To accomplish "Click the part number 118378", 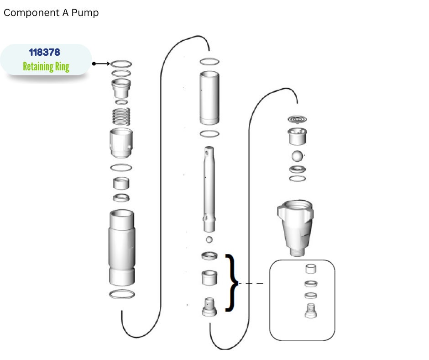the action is click(45, 52).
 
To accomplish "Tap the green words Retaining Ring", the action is click(46, 67).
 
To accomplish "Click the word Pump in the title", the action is click(85, 13).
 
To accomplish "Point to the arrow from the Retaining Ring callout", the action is click(101, 64).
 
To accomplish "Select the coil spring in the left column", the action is click(121, 116).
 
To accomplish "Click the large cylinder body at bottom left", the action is click(122, 248).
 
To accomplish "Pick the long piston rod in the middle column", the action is click(209, 189).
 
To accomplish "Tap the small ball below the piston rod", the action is click(209, 240).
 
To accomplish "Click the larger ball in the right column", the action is click(297, 156).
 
